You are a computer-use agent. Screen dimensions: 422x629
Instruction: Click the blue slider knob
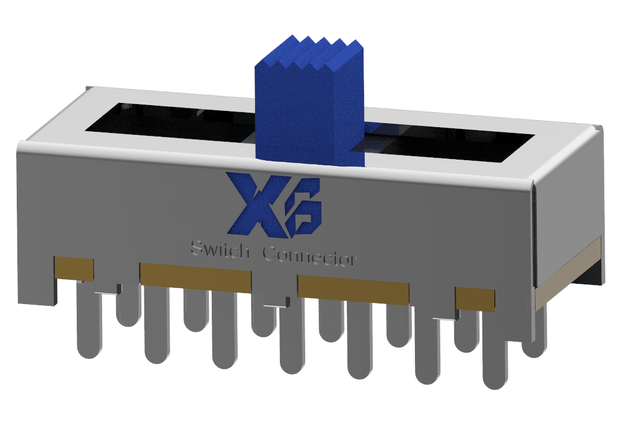(309, 116)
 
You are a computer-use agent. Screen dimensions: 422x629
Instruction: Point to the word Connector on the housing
(309, 257)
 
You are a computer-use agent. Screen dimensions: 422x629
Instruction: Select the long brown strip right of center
(353, 290)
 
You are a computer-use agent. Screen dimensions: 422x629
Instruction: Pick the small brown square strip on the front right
(475, 299)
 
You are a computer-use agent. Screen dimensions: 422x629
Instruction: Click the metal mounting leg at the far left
(38, 289)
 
